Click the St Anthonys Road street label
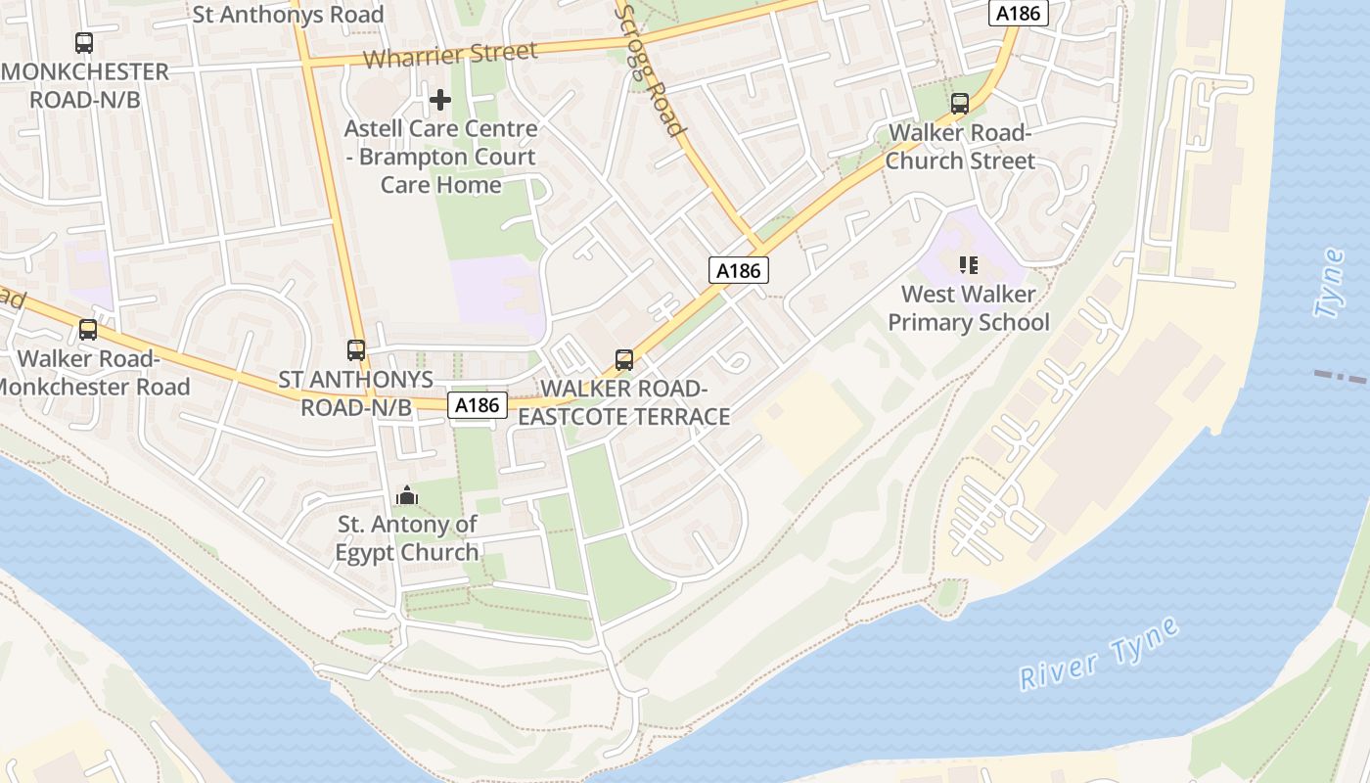[x=288, y=15]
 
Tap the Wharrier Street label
[x=450, y=55]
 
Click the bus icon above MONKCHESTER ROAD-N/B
[x=84, y=43]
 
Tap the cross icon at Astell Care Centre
[x=440, y=99]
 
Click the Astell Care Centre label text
[x=440, y=156]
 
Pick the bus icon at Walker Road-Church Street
[x=960, y=103]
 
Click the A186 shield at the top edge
[x=1019, y=13]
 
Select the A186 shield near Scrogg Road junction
[x=739, y=270]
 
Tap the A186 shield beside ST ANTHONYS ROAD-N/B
[x=479, y=404]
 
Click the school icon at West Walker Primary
[x=969, y=264]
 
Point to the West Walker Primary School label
[x=975, y=307]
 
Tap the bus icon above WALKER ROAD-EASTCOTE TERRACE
[x=624, y=359]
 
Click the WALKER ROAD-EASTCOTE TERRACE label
[x=624, y=402]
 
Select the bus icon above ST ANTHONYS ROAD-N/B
[x=356, y=349]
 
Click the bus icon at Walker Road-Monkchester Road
[x=88, y=330]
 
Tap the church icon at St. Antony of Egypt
[x=407, y=496]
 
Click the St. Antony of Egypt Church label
[x=407, y=537]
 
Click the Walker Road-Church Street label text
[x=960, y=147]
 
